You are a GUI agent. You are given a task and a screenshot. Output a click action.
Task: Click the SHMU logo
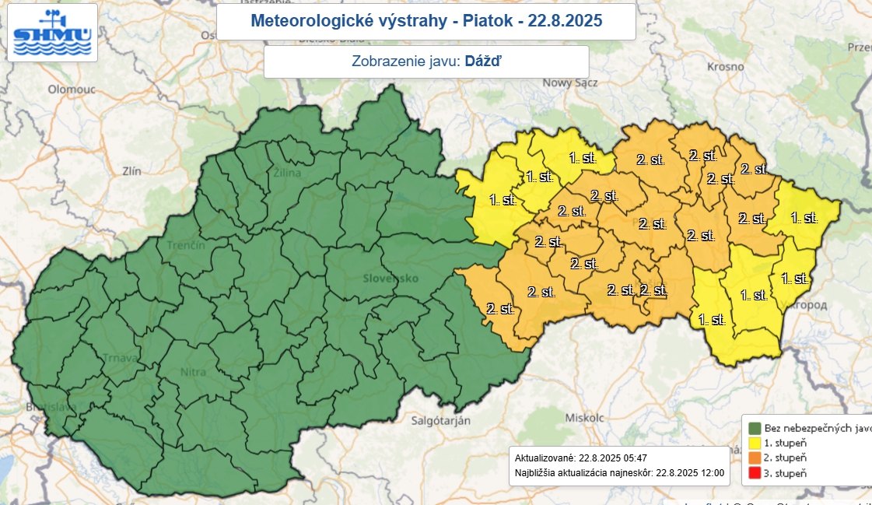[52, 33]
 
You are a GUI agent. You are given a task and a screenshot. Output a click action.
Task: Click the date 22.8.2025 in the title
[566, 21]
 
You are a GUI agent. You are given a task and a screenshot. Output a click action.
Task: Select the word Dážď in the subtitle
[483, 61]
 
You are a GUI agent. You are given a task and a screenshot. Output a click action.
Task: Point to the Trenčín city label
[185, 245]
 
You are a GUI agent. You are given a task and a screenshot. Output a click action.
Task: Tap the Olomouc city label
[71, 89]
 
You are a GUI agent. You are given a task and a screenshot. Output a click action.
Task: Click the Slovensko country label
[390, 278]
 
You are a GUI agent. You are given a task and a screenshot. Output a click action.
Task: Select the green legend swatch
[754, 427]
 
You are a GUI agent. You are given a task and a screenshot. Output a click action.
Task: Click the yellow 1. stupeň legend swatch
[754, 443]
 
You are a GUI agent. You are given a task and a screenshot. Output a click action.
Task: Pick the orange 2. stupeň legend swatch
[754, 458]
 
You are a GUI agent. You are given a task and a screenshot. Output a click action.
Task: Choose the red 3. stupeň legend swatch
[754, 473]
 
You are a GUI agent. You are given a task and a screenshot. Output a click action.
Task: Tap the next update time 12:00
[710, 472]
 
